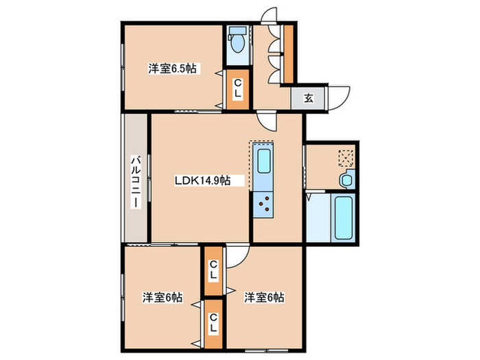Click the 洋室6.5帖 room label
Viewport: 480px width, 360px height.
(172, 69)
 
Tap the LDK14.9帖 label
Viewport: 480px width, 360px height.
(203, 180)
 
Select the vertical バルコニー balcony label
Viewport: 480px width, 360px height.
(136, 182)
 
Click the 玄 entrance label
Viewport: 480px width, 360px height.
(309, 98)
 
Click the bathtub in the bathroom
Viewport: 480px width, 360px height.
(343, 217)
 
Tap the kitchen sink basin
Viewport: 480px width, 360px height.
(264, 160)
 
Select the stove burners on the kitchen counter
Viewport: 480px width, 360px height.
(263, 204)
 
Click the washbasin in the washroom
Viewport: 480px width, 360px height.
(347, 180)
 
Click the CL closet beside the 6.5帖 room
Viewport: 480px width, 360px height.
(238, 88)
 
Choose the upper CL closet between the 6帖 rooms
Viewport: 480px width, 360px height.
(213, 271)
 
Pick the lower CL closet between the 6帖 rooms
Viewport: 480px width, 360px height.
(213, 324)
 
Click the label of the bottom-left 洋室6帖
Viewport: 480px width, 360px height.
(163, 297)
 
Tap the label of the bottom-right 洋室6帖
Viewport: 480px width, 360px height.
(264, 297)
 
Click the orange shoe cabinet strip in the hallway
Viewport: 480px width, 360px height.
(289, 54)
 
